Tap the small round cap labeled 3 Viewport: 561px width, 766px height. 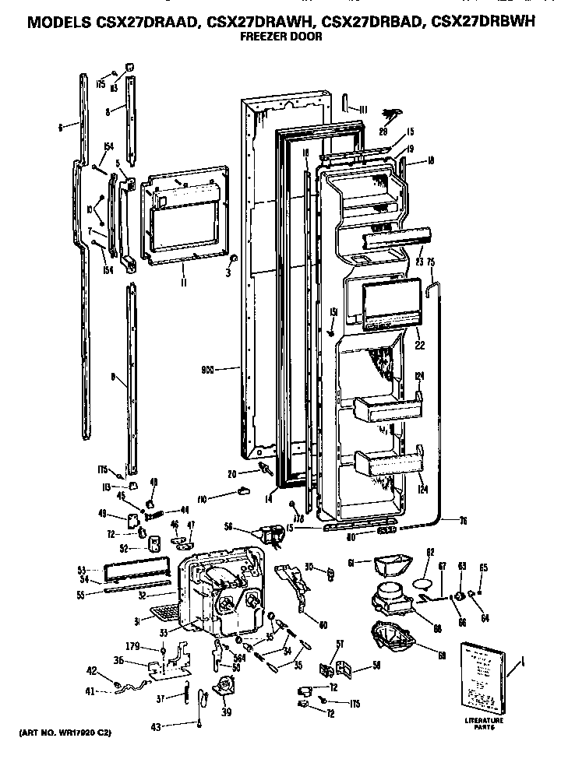click(x=235, y=258)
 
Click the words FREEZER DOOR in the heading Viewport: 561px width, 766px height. click(x=280, y=37)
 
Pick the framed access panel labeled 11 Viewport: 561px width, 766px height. click(x=185, y=216)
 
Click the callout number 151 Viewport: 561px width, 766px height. click(x=333, y=313)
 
